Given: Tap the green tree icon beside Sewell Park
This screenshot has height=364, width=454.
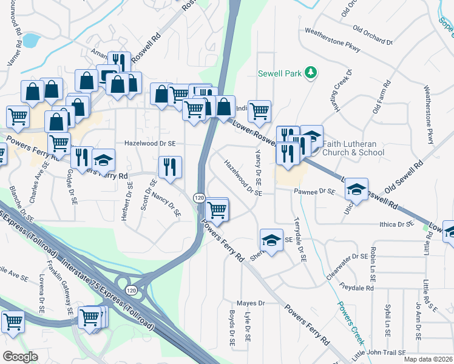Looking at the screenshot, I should (x=310, y=73).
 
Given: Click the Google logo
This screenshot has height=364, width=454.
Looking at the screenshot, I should (x=20, y=356).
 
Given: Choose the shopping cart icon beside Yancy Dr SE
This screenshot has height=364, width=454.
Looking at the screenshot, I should (x=259, y=110).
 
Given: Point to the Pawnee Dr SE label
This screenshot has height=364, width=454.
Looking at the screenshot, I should (x=315, y=191).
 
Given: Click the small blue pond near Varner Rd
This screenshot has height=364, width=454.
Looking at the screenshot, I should (x=29, y=41).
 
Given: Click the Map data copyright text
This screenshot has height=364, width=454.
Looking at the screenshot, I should (x=428, y=359).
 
